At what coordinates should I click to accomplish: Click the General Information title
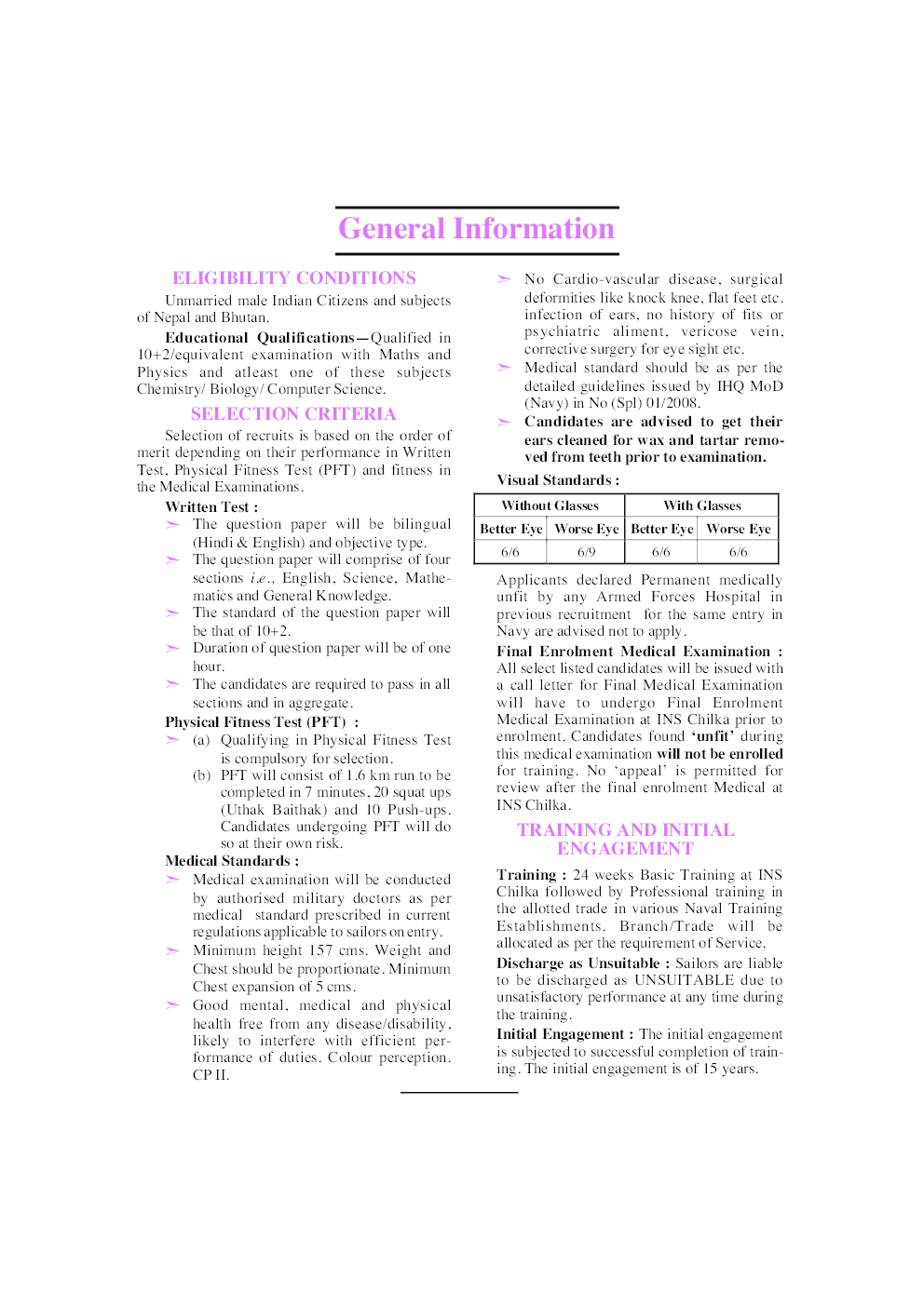(476, 229)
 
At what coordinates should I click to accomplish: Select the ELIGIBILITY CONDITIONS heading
(293, 278)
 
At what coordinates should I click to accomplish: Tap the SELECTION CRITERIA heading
(293, 414)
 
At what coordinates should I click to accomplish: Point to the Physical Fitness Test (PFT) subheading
(255, 722)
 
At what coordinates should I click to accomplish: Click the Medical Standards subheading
(231, 861)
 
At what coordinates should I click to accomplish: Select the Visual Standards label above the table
(557, 480)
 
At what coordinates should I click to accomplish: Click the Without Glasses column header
(550, 505)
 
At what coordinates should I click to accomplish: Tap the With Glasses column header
(702, 505)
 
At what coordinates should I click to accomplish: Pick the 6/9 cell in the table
(586, 552)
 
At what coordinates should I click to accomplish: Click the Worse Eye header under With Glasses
(739, 529)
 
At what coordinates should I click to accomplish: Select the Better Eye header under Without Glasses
(510, 529)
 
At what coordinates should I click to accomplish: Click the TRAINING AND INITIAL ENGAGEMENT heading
(626, 839)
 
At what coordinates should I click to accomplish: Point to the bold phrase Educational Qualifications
(260, 338)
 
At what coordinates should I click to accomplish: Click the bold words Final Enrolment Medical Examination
(633, 652)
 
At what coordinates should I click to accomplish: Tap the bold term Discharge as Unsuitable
(577, 963)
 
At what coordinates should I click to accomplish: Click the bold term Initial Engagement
(560, 1034)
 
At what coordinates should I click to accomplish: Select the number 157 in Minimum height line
(320, 950)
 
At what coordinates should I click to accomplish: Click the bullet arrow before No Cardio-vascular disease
(504, 279)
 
